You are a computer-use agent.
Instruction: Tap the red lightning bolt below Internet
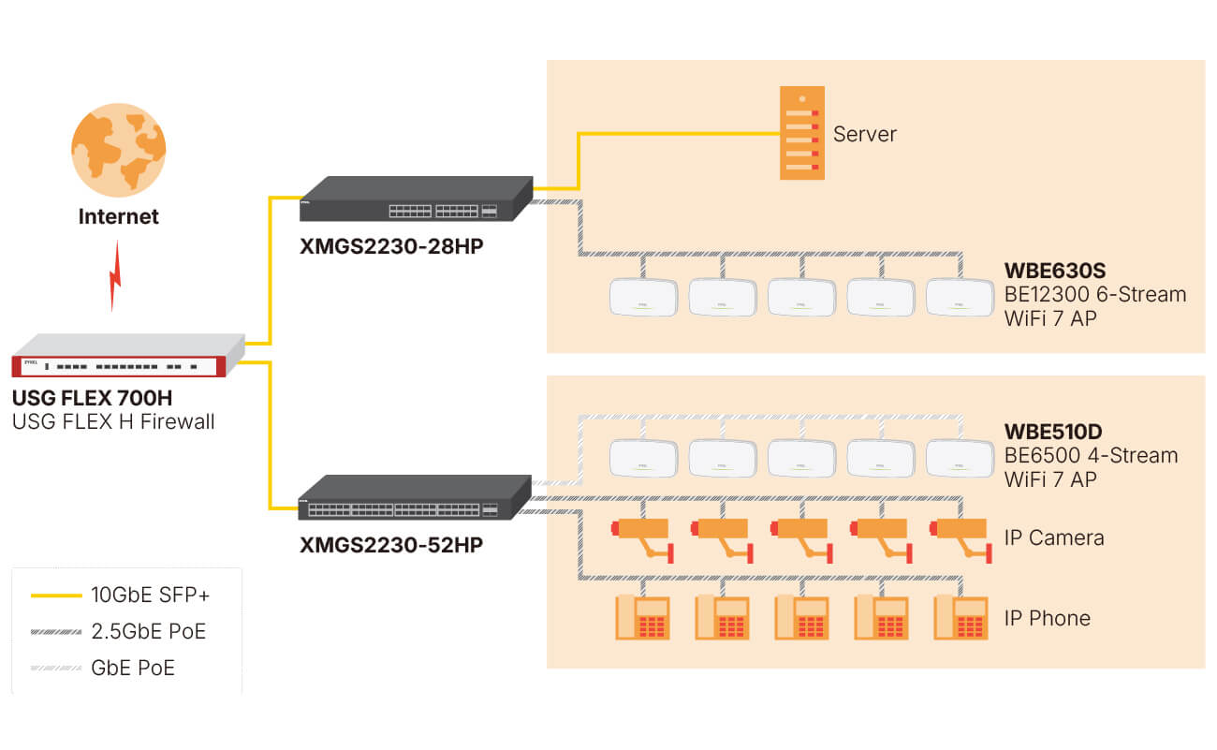[x=115, y=276]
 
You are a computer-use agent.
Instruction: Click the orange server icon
[x=802, y=133]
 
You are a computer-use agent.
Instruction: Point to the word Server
[x=865, y=134]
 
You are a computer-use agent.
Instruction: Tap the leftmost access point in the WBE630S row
[x=642, y=297]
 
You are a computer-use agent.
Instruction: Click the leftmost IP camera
[x=642, y=537]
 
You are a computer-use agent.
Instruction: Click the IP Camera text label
[x=1053, y=537]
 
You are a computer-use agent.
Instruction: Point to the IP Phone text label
[x=1047, y=618]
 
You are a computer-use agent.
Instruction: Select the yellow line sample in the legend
[x=55, y=595]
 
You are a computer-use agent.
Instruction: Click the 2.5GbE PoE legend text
[x=148, y=631]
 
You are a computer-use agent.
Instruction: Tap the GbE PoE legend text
[x=132, y=668]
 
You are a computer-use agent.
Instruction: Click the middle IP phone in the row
[x=801, y=618]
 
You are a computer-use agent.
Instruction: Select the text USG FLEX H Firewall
[x=113, y=421]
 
